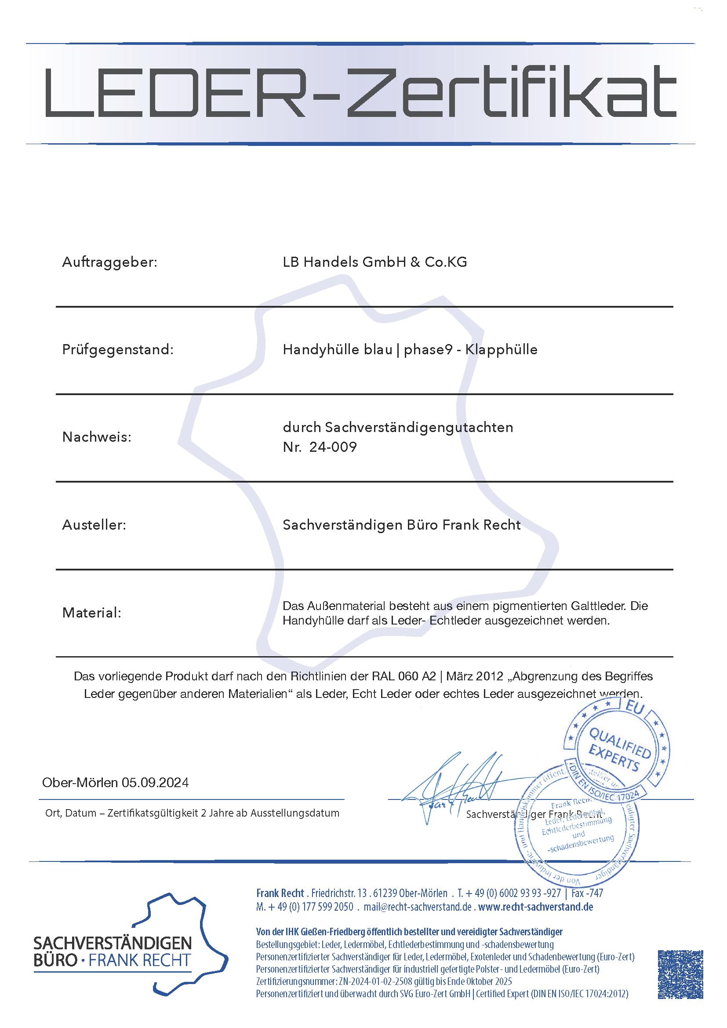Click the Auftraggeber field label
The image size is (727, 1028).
110,262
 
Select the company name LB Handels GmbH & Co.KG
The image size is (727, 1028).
374,262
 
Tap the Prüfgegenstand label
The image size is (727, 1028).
118,350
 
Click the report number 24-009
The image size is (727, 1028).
333,447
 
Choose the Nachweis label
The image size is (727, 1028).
97,437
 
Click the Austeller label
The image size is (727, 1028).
94,525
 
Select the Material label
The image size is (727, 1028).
92,613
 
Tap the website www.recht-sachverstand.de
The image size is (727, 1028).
535,907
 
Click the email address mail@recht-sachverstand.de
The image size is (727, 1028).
418,907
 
